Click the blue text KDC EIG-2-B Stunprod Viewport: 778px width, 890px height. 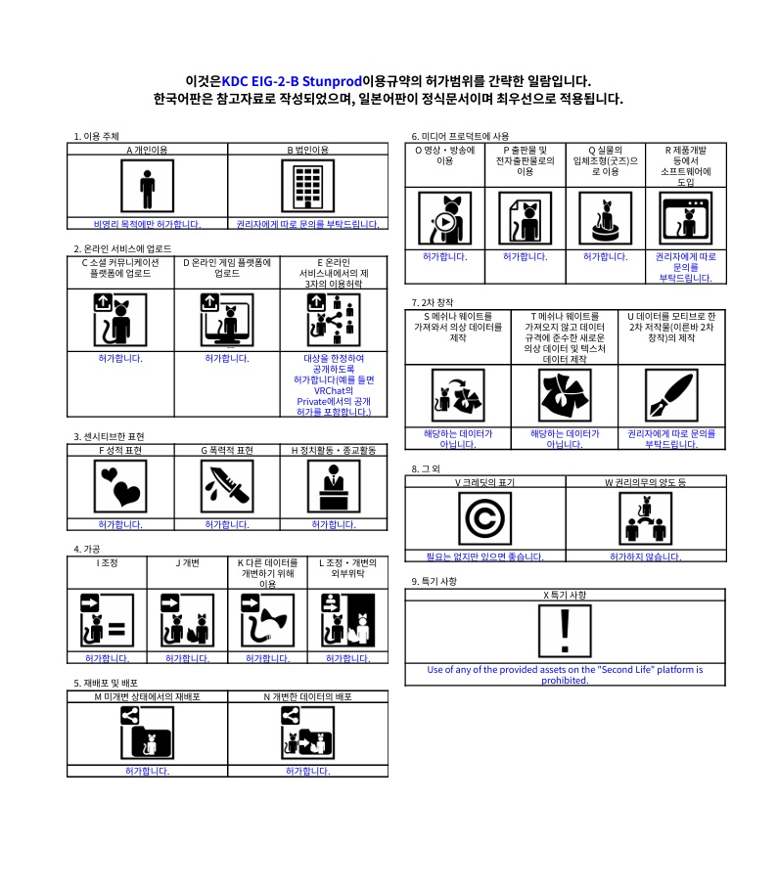pyautogui.click(x=292, y=81)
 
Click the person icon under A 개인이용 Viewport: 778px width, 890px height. pyautogui.click(x=148, y=186)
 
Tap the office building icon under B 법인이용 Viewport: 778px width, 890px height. pyautogui.click(x=308, y=186)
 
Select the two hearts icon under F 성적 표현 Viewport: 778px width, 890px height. pyautogui.click(x=120, y=486)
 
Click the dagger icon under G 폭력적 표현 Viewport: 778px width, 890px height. pyautogui.click(x=227, y=486)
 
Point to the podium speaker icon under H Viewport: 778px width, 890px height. pyautogui.click(x=334, y=486)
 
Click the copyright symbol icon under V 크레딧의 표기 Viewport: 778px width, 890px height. pyautogui.click(x=485, y=518)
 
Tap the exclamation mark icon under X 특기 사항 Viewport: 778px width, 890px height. pyautogui.click(x=565, y=631)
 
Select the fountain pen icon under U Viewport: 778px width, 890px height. pyautogui.click(x=671, y=395)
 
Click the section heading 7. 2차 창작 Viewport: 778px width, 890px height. pyautogui.click(x=433, y=302)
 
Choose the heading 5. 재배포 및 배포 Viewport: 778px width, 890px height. pyautogui.click(x=106, y=683)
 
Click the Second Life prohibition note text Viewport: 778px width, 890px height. pyautogui.click(x=565, y=675)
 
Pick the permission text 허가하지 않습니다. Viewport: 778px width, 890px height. pyautogui.click(x=646, y=556)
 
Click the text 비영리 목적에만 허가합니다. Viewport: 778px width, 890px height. pyautogui.click(x=148, y=224)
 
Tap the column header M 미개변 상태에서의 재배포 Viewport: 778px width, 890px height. pyautogui.click(x=148, y=696)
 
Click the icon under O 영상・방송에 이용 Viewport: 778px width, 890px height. pyautogui.click(x=444, y=218)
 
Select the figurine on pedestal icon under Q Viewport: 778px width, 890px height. pyautogui.click(x=606, y=218)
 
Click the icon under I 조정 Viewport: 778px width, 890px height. pyautogui.click(x=108, y=620)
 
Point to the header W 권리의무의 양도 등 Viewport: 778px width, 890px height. pyautogui.click(x=646, y=482)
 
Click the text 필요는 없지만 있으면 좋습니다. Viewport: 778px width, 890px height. pyautogui.click(x=485, y=556)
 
